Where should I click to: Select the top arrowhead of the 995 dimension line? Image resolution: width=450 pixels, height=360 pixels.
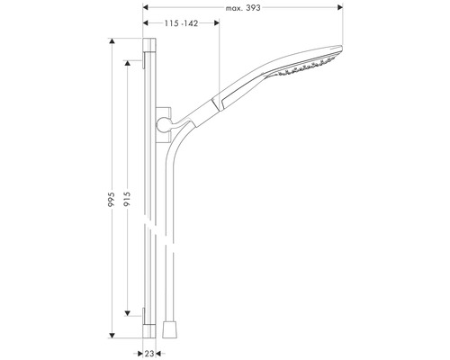tap(114, 42)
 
